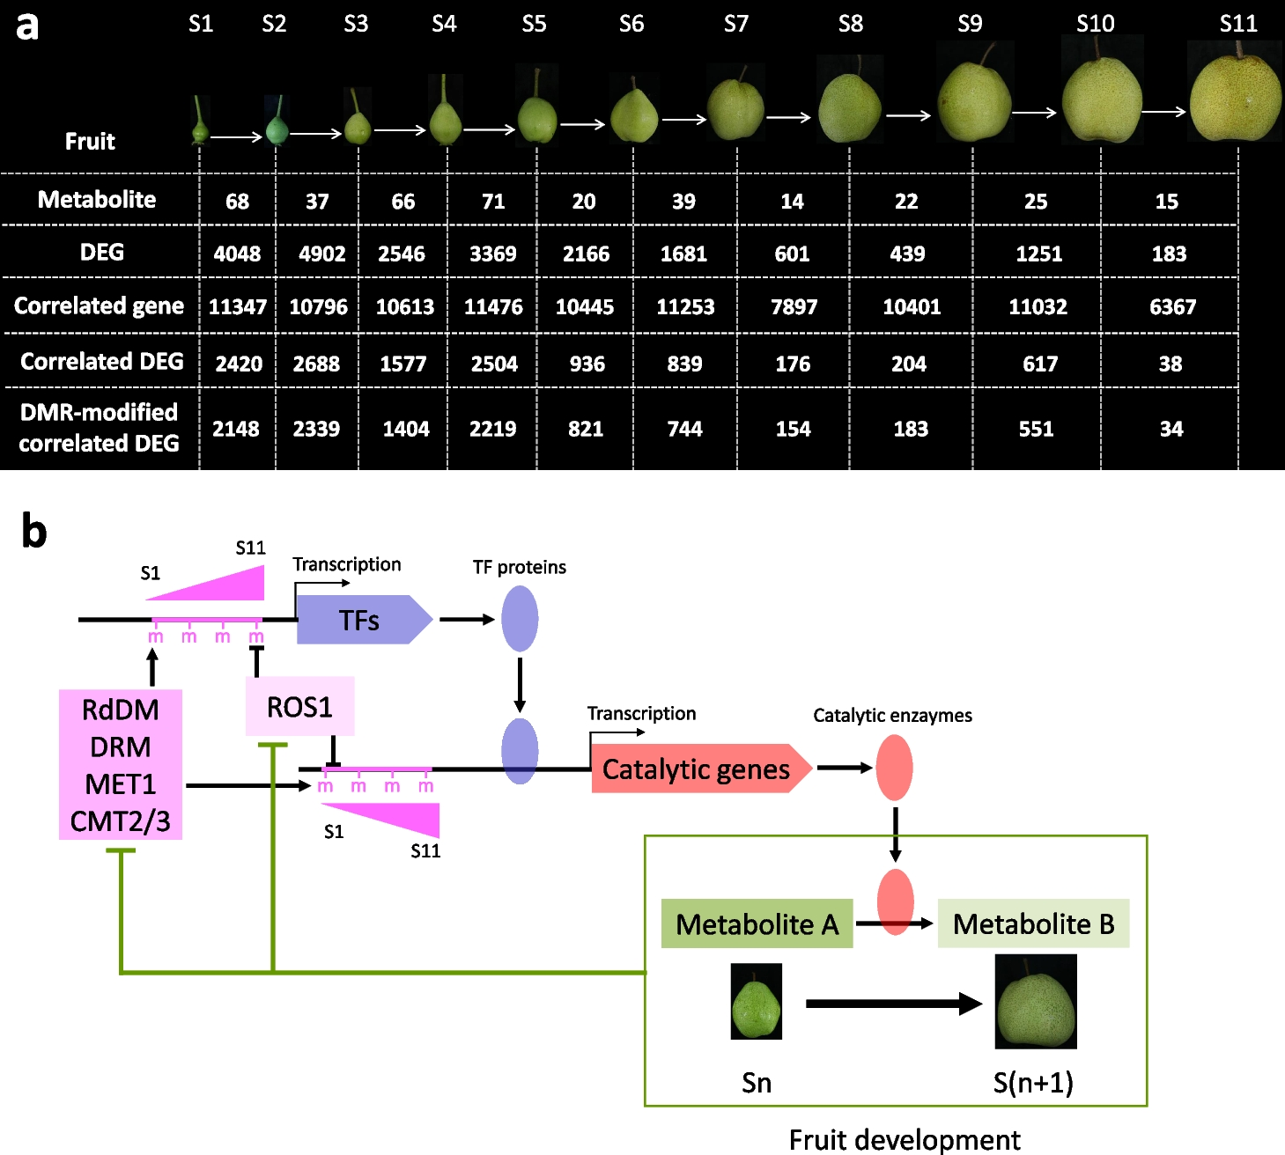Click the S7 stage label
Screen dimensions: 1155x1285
pyautogui.click(x=735, y=24)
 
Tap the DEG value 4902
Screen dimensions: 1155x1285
pyautogui.click(x=321, y=254)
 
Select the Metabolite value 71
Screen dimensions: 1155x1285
pyautogui.click(x=493, y=202)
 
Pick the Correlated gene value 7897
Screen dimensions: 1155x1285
pyautogui.click(x=794, y=306)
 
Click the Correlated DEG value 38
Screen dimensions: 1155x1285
pyautogui.click(x=1170, y=364)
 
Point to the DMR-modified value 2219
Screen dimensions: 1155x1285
pyautogui.click(x=492, y=429)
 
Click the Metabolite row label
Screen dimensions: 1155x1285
pyautogui.click(x=97, y=200)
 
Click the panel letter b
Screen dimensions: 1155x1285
pyautogui.click(x=33, y=531)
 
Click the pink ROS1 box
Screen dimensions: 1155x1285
pyautogui.click(x=299, y=707)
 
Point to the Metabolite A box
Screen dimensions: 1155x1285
pyautogui.click(x=757, y=923)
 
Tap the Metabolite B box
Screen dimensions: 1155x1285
pyautogui.click(x=1033, y=923)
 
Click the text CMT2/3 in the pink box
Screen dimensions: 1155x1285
pyautogui.click(x=120, y=820)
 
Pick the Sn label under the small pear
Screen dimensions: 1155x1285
pyautogui.click(x=757, y=1082)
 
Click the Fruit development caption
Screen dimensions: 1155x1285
pyautogui.click(x=905, y=1139)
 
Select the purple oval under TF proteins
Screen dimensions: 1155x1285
pyautogui.click(x=520, y=619)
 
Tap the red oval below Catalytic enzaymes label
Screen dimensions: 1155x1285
pyautogui.click(x=894, y=768)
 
